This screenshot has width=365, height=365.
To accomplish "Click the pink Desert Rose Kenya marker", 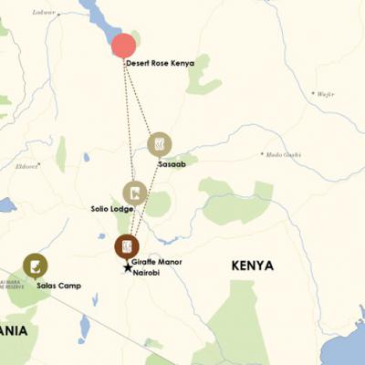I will coord(123,46).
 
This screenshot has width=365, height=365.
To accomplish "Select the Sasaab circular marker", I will coord(160,144).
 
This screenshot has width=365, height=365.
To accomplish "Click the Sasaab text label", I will coord(172,164).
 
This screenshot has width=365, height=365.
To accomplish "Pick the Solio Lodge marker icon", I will coord(135,193).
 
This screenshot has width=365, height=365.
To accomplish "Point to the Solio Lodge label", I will coord(112,209).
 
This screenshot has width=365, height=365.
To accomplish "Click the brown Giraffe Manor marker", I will coord(127,246).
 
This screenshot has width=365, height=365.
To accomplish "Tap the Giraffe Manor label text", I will coord(157,263).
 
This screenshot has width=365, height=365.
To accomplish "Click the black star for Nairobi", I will coord(128,267).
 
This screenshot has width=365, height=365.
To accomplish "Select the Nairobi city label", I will coord(147,273).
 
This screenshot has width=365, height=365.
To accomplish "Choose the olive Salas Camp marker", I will coord(36,266).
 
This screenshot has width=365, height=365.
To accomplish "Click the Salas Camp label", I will coord(58,286).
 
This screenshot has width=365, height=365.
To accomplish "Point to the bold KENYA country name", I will coord(253,266).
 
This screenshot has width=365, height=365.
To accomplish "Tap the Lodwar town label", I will coord(44,13).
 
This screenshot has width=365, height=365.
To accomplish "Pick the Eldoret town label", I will coord(26,166).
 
